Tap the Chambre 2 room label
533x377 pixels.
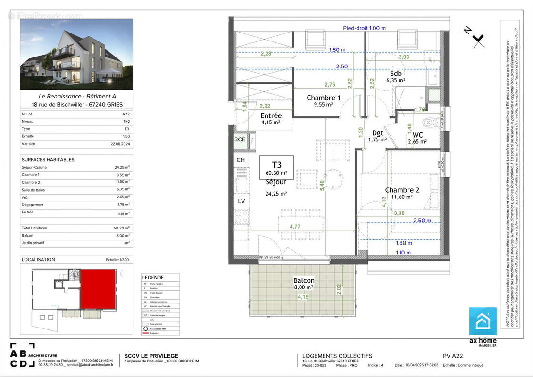402,190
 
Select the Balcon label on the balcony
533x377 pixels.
304,281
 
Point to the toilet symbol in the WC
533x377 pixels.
428,123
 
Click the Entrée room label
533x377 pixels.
271,115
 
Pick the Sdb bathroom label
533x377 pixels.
396,74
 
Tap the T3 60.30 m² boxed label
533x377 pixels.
276,167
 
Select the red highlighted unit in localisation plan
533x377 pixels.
98,288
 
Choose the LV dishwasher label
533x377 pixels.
241,201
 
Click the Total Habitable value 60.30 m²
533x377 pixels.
121,228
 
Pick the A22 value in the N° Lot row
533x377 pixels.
125,114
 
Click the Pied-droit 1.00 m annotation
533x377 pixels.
364,28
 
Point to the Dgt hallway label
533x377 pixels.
377,133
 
